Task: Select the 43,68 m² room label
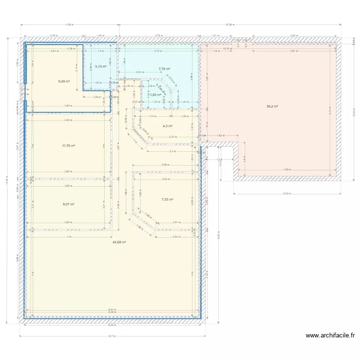119,242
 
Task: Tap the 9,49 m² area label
64,81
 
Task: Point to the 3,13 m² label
100,67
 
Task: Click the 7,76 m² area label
165,69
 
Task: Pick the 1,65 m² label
155,95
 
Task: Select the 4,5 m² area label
167,126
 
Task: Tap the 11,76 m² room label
68,145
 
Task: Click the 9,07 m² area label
69,204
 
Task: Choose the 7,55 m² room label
167,199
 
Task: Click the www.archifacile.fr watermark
330,336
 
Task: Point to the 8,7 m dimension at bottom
112,336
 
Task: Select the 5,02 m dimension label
287,194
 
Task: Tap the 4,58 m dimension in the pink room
287,169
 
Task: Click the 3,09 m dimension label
166,165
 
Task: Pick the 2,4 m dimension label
173,151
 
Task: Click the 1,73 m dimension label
151,116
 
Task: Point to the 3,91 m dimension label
294,50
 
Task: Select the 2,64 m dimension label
55,50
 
